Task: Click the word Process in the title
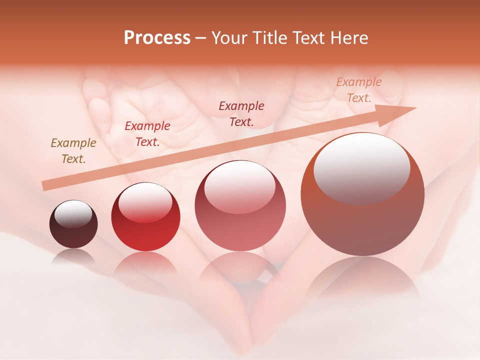(157, 38)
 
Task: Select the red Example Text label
(147, 134)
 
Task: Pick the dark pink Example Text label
(241, 113)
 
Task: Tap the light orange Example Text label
(358, 90)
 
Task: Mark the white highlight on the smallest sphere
(73, 214)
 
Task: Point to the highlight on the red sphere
(145, 202)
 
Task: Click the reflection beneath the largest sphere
(362, 280)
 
